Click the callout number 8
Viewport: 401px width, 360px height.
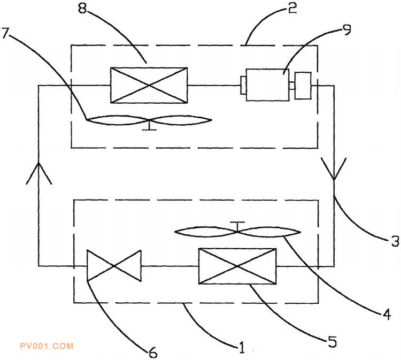click(x=82, y=9)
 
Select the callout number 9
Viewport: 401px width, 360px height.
click(x=347, y=30)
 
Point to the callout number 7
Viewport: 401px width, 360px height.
click(x=6, y=33)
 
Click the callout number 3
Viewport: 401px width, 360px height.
click(x=395, y=241)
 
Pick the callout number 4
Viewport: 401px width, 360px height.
click(x=386, y=314)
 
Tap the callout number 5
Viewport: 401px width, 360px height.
click(x=332, y=342)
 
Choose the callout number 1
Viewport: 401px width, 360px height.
click(x=242, y=348)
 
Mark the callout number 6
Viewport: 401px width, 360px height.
click(x=153, y=353)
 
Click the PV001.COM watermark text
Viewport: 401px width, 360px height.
click(x=47, y=346)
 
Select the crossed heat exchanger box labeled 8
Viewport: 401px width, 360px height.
click(x=149, y=86)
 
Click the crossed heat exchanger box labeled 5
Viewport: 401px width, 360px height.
click(x=237, y=266)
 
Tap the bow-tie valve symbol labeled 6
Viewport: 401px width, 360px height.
click(x=114, y=266)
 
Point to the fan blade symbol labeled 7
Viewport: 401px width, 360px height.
click(x=149, y=121)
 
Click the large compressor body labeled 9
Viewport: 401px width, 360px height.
click(x=267, y=85)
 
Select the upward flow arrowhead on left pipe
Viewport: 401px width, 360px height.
click(x=39, y=173)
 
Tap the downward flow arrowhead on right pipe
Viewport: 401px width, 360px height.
click(x=334, y=168)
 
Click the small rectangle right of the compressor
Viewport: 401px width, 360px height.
click(x=303, y=86)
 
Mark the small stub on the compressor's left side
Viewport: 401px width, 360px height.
click(x=243, y=85)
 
